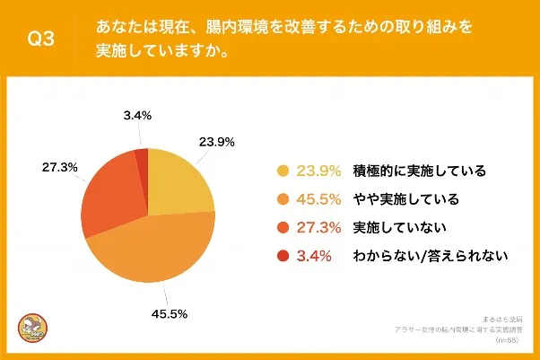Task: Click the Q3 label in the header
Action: (41, 39)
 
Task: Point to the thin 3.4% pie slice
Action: (142, 162)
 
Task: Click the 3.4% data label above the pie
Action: (137, 116)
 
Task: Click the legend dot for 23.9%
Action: (283, 171)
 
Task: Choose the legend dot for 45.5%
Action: (283, 198)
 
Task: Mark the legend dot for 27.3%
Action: (283, 227)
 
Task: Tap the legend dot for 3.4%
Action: (283, 256)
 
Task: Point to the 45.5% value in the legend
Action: (314, 198)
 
